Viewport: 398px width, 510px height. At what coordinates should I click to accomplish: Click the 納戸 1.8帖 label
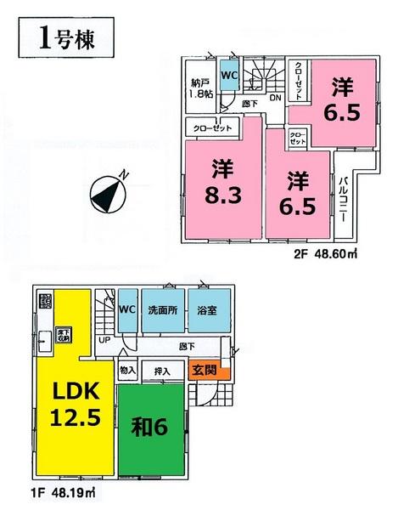201,90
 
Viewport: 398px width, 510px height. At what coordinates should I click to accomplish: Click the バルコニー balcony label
344,198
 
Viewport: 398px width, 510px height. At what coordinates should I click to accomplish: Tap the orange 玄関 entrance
204,370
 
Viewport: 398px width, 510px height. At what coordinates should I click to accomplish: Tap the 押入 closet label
164,370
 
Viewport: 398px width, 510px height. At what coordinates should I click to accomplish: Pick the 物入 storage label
128,370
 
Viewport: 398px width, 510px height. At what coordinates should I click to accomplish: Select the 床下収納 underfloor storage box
62,334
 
